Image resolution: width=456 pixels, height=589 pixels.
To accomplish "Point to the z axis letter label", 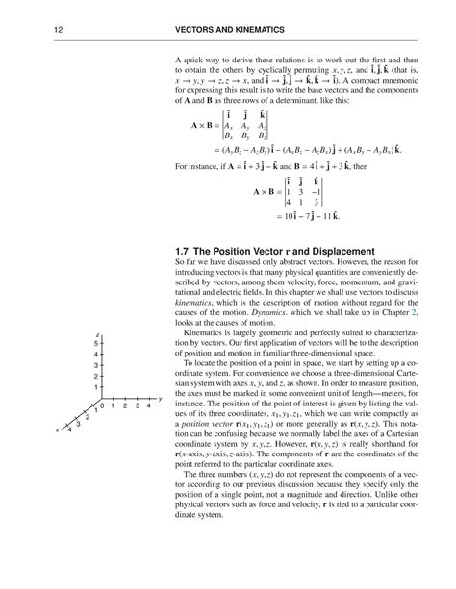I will pyautogui.click(x=96, y=331).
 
